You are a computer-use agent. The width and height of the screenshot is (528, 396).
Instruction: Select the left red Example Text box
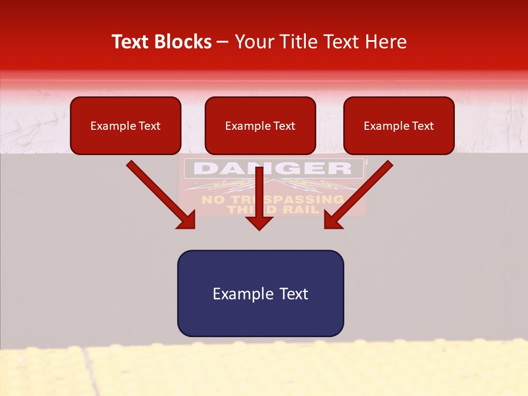pos(125,126)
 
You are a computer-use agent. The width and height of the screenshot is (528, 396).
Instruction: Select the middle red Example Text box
pos(260,126)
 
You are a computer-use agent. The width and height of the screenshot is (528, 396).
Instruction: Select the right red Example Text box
pos(399,126)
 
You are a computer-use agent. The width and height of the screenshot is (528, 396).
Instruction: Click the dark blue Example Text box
pos(260,293)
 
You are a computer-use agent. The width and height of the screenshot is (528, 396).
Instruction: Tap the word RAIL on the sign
pos(299,209)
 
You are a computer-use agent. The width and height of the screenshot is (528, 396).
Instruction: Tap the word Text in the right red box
pos(422,126)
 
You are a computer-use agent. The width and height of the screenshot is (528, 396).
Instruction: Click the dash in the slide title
pos(223,42)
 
